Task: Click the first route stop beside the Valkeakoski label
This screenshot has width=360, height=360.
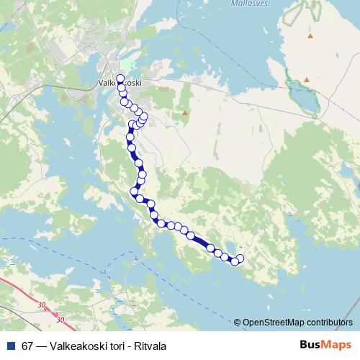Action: tap(120, 78)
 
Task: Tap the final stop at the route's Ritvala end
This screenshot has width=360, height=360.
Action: tap(240, 258)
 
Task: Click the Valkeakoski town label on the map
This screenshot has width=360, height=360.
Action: tap(120, 84)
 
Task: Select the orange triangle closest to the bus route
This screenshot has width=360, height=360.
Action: tap(185, 113)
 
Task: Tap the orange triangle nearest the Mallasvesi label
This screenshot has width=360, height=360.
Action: tap(310, 35)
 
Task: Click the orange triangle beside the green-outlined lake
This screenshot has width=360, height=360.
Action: tap(307, 79)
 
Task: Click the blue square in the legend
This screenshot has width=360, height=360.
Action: tap(10, 344)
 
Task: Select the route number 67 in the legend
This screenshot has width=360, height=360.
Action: tap(28, 344)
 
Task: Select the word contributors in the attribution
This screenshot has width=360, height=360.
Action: tap(329, 323)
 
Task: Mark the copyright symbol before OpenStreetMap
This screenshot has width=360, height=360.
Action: tap(238, 323)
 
